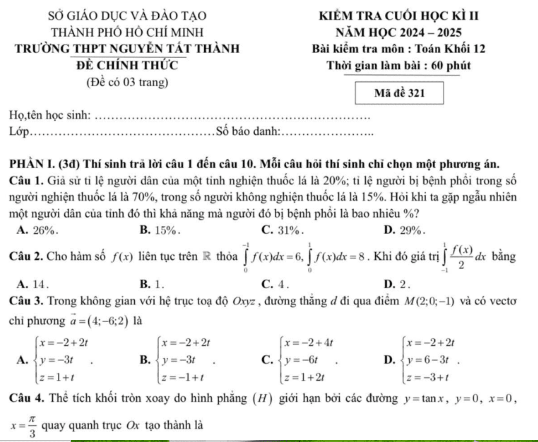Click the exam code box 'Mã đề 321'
point(399,93)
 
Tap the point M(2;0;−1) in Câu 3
point(429,301)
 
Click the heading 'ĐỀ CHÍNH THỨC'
point(128,65)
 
